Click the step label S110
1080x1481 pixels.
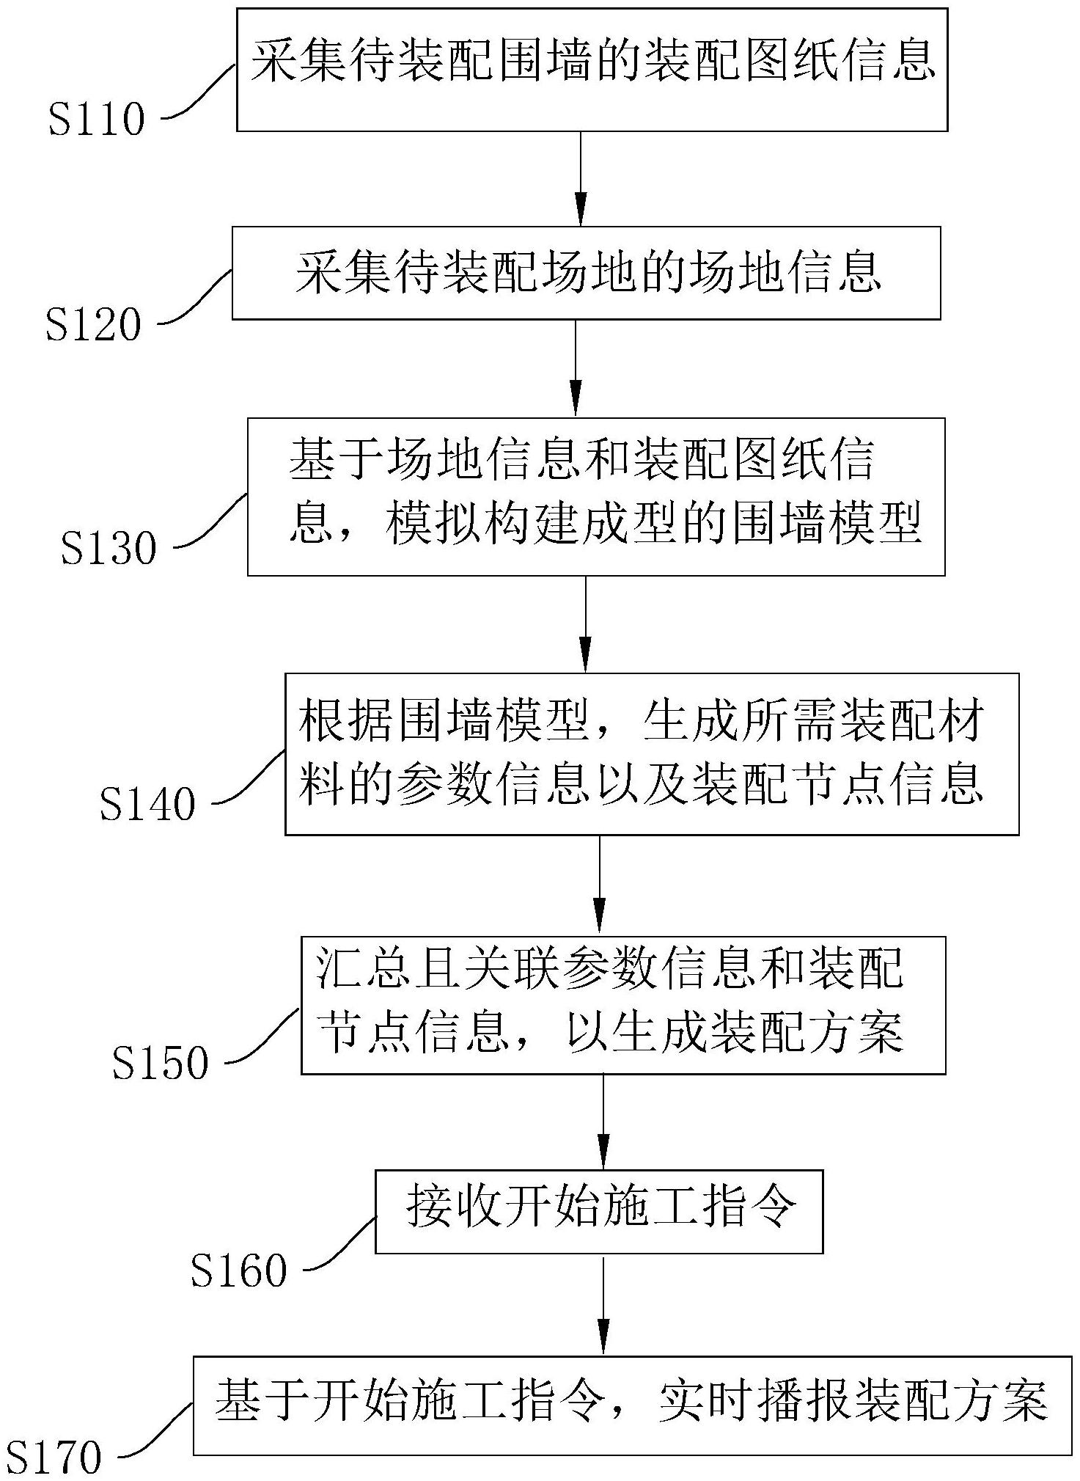pos(97,120)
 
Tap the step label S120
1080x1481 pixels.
pos(93,325)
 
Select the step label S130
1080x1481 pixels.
pos(109,548)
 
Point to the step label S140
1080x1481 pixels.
pos(147,804)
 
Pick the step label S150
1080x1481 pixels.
pos(160,1063)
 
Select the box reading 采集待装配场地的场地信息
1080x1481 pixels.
pos(586,273)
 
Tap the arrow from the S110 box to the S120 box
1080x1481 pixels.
pos(581,178)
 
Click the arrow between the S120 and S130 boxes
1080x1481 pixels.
pos(576,368)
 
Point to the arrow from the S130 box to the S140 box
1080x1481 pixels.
pos(585,624)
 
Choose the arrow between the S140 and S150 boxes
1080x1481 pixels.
pos(600,885)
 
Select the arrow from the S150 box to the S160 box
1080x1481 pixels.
pos(603,1122)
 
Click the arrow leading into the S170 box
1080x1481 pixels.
pos(603,1306)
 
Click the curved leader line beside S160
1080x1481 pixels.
pos(339,1245)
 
